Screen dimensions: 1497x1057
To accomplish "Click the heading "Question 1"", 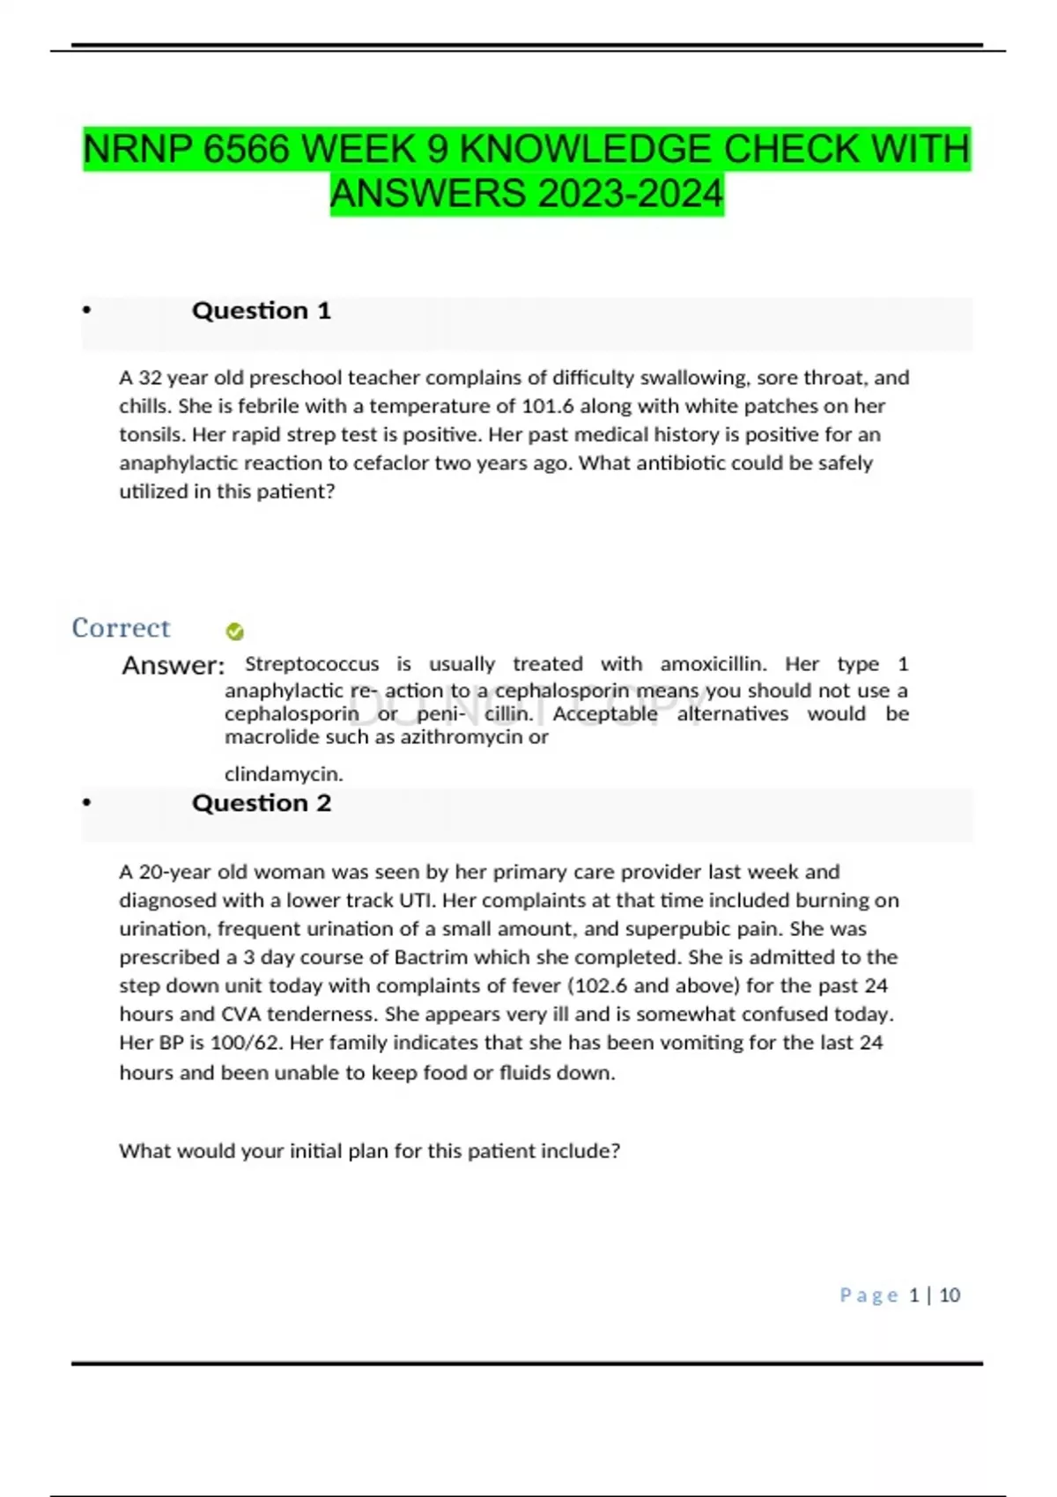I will pos(261,311).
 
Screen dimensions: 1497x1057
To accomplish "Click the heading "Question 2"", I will pos(261,803).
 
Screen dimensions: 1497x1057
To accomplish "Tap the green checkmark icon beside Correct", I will pos(234,631).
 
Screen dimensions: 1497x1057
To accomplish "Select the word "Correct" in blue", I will pos(121,628).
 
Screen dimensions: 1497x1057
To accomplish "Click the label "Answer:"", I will pos(173,666).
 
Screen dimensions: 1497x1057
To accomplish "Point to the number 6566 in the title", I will pos(246,149).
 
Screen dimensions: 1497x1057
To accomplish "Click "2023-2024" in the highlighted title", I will pos(630,194).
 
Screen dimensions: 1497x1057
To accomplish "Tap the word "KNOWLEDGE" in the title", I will pos(586,149).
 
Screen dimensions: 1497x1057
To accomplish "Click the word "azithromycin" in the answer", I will pos(461,737).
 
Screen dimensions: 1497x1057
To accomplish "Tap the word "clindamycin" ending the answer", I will pos(283,774).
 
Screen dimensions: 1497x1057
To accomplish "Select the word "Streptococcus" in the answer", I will pos(312,664).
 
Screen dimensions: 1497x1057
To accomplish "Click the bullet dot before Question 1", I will pos(86,310).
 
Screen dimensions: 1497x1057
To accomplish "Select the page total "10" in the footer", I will pos(950,1295).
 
